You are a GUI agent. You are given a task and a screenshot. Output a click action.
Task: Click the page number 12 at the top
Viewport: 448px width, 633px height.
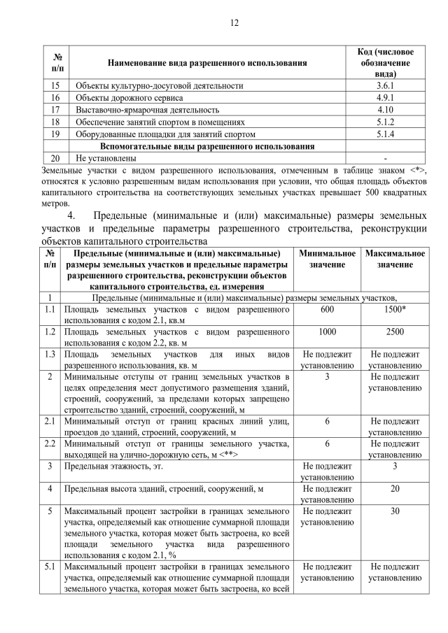(234, 22)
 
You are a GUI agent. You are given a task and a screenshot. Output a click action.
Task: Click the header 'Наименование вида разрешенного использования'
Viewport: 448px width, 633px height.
(206, 64)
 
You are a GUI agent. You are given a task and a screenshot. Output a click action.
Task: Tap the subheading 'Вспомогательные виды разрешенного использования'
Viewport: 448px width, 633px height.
(207, 146)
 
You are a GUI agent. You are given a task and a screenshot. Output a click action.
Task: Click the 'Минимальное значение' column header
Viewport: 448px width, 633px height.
(326, 259)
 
